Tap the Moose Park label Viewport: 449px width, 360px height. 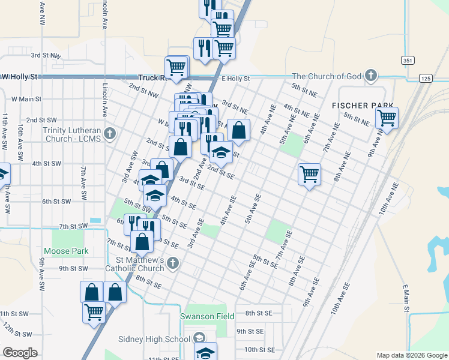tap(66, 251)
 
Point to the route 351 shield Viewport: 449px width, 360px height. tap(408, 61)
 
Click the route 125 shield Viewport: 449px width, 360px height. tap(426, 79)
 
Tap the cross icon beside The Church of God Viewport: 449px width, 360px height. tap(371, 76)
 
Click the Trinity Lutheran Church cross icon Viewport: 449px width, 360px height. tap(109, 133)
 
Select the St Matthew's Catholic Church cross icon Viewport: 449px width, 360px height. tap(173, 262)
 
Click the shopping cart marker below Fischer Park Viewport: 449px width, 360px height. tap(387, 117)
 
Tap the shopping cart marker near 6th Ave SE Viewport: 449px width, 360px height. tap(309, 174)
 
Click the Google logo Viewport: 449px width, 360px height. tap(20, 353)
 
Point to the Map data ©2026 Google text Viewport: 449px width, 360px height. tap(411, 355)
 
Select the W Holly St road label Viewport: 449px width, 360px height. tap(19, 77)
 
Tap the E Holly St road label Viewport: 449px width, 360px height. tap(235, 79)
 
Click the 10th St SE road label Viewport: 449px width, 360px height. tap(259, 349)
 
